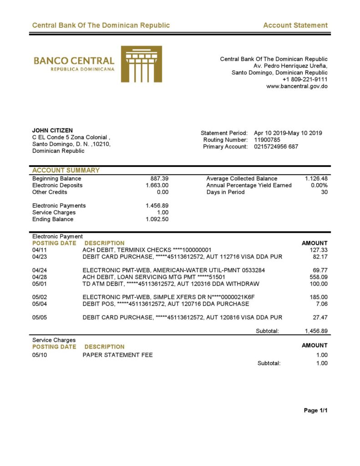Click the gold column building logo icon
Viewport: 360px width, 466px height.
(x=141, y=64)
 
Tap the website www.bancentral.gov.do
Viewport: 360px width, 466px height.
(x=297, y=86)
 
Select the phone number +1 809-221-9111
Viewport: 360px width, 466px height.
(x=305, y=80)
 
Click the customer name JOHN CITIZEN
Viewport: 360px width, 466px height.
(x=52, y=131)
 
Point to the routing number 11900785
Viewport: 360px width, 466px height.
(x=267, y=140)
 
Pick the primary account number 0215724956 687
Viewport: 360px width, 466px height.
(x=276, y=147)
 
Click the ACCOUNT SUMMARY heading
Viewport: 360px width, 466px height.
(x=66, y=171)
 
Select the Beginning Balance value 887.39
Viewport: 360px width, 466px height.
(x=159, y=179)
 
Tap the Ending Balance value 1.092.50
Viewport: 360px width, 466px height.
(x=157, y=219)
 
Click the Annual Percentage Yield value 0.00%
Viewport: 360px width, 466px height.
(x=319, y=186)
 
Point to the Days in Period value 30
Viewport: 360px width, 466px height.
(x=324, y=192)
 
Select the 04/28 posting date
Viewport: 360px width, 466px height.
(x=40, y=277)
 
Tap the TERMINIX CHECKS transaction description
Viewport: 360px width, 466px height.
(x=147, y=250)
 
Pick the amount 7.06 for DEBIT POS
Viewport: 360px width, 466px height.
(x=321, y=304)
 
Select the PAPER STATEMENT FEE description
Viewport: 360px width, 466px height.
(x=117, y=355)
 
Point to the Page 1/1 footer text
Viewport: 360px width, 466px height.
(x=315, y=411)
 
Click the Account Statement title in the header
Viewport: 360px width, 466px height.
(x=295, y=25)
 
